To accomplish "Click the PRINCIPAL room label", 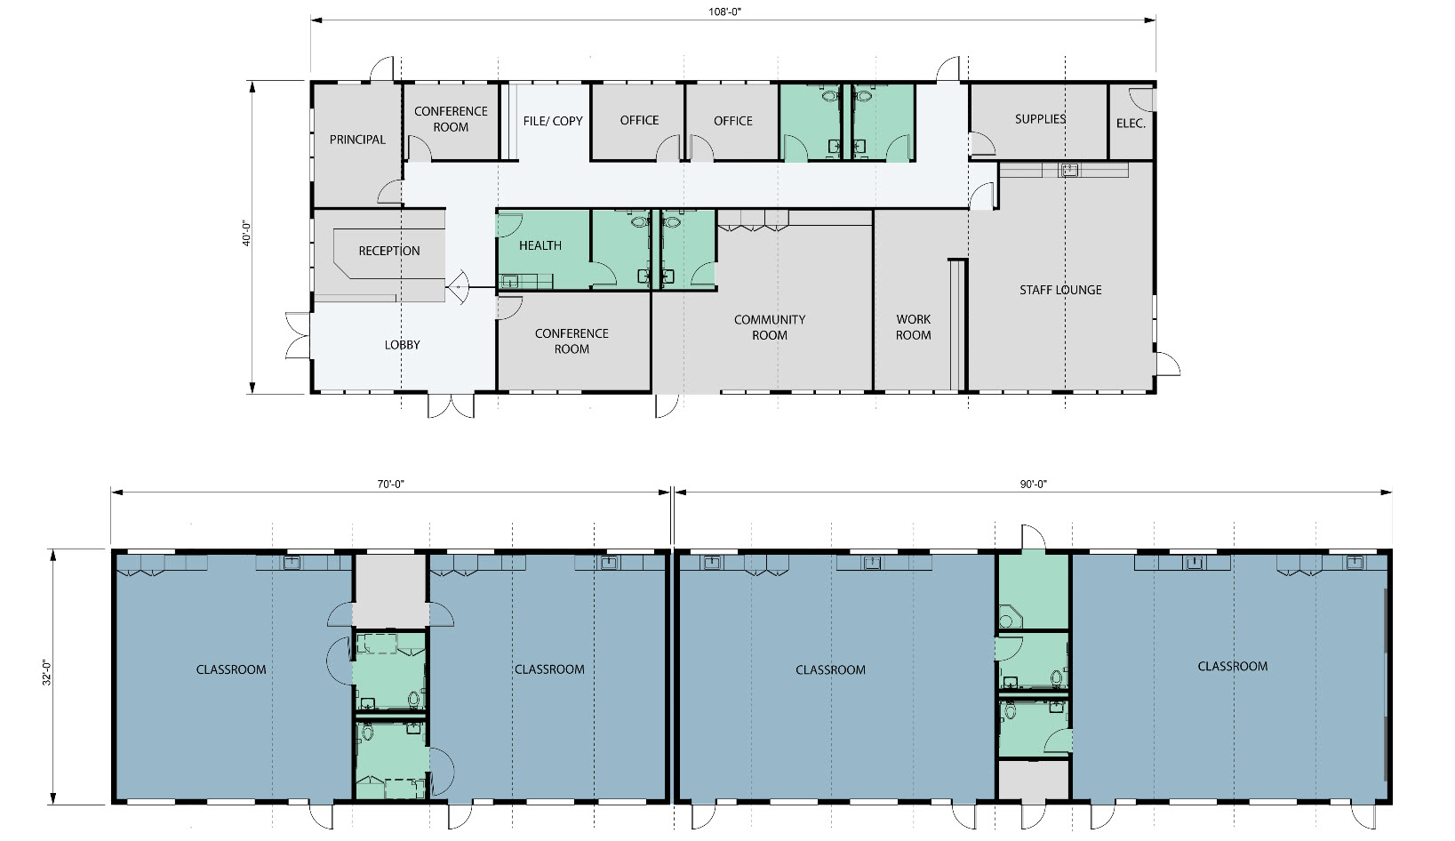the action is point(357,140).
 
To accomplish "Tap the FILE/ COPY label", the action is point(553,121).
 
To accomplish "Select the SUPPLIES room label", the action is point(1040,119).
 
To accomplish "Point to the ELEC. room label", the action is point(1131,124).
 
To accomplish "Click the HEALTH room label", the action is point(540,245).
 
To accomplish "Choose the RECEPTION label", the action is point(389,251).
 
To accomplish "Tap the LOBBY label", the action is point(402,345).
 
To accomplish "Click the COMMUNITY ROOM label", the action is point(770,327).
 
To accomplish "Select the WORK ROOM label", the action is point(914,327).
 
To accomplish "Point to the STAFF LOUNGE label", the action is point(1060,290).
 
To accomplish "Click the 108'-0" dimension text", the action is point(725,12).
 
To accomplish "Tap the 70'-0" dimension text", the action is point(391,485).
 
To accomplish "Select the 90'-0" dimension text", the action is point(1034,485).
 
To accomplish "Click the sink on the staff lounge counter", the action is point(1068,171).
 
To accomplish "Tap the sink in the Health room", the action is point(510,282).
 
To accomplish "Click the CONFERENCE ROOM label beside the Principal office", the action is point(451,120).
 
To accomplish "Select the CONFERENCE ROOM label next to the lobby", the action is point(572,341).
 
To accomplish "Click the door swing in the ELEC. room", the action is point(1142,99).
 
